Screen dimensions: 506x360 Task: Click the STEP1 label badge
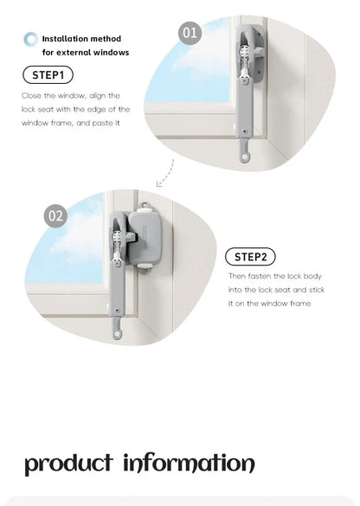click(x=48, y=75)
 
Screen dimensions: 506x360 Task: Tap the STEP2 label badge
click(x=250, y=257)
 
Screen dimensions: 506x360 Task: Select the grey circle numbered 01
click(x=190, y=34)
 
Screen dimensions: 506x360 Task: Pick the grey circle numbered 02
click(x=55, y=215)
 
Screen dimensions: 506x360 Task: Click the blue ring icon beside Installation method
click(x=31, y=39)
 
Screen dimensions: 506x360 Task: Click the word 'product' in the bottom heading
click(x=68, y=463)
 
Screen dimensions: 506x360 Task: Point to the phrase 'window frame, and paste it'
click(x=71, y=123)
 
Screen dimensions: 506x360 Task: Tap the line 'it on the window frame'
click(x=269, y=304)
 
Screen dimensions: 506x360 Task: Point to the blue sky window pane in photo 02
click(x=69, y=259)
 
